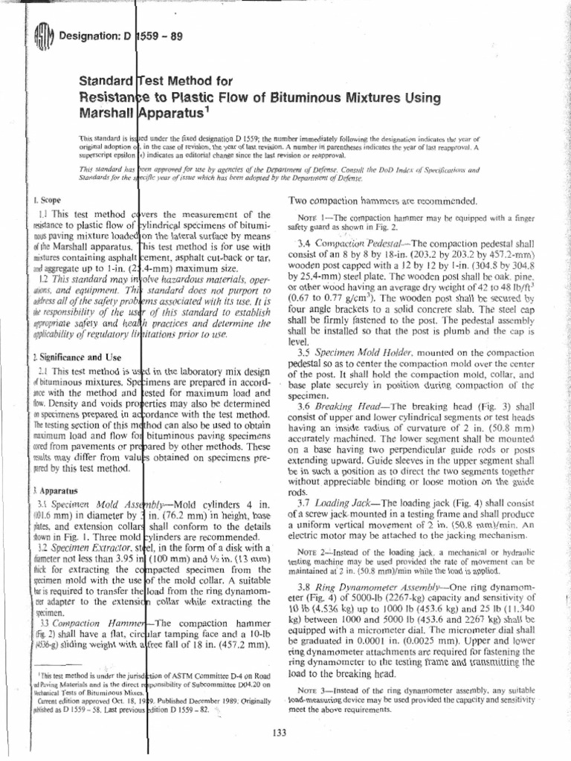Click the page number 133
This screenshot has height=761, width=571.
[x=280, y=733]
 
